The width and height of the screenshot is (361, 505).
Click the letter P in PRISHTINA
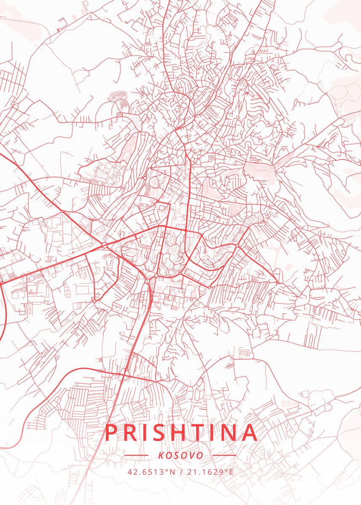point(111,433)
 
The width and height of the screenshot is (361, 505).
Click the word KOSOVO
point(181,455)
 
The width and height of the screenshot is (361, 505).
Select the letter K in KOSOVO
point(161,455)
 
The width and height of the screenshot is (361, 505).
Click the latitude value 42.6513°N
point(151,472)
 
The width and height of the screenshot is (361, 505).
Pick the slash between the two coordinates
point(180,472)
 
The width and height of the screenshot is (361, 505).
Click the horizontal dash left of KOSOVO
point(137,455)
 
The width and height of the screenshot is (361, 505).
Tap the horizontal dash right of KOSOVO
point(225,455)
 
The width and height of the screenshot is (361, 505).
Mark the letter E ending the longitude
point(231,472)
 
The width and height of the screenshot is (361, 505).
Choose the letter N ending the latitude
point(172,472)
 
